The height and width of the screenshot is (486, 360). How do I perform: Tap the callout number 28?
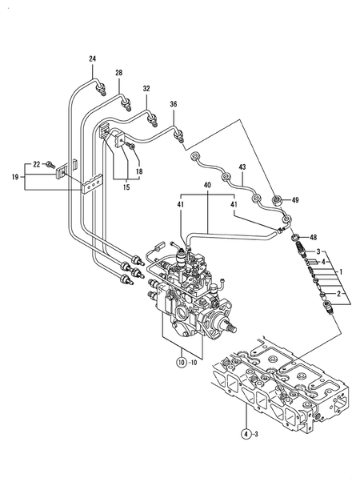click(x=118, y=73)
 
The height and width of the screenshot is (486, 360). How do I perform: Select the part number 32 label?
click(x=146, y=87)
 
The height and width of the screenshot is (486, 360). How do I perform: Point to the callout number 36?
click(x=174, y=102)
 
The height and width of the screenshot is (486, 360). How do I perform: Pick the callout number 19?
click(x=15, y=179)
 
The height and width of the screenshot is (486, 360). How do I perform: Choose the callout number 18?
click(x=138, y=171)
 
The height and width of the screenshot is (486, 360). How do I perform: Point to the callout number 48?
click(x=314, y=237)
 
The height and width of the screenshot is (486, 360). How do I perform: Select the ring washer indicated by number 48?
click(x=296, y=237)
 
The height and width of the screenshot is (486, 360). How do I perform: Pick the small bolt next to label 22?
click(x=52, y=165)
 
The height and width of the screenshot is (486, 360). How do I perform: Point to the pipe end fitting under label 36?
click(x=180, y=133)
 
